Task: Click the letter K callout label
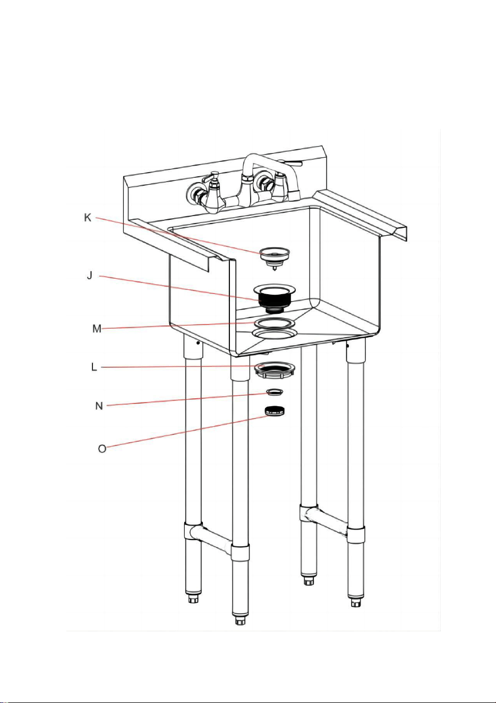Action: [88, 217]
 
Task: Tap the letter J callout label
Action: [90, 276]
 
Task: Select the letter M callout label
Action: [97, 329]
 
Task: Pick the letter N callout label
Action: [99, 406]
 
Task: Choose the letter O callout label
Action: [102, 449]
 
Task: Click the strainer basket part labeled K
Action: [275, 258]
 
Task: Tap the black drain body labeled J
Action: [275, 299]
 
